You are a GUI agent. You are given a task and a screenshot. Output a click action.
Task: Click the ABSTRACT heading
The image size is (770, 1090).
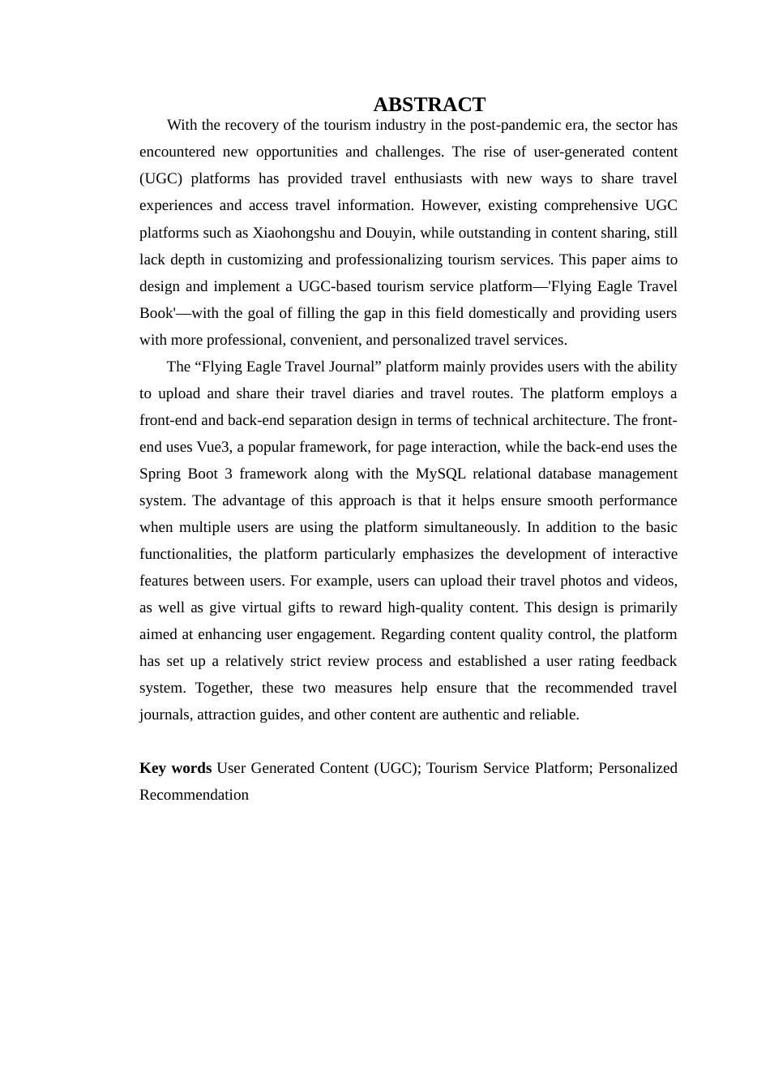429,105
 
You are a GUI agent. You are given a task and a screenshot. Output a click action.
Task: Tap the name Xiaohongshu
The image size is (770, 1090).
293,233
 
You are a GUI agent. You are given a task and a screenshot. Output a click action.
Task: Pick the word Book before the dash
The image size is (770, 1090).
156,313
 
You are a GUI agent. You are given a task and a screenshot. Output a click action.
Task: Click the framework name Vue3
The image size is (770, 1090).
212,447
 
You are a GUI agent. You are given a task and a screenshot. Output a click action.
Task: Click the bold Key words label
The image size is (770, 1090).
175,768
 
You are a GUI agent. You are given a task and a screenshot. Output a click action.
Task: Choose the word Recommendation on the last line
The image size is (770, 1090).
194,795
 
